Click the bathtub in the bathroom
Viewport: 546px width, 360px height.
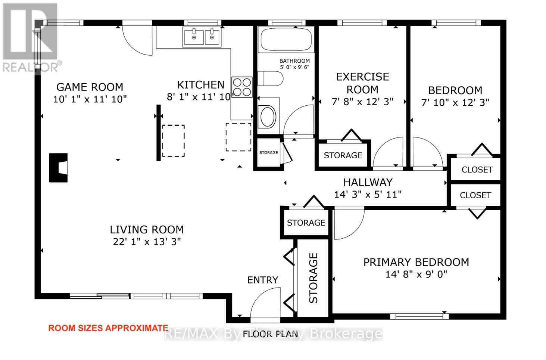pos(286,40)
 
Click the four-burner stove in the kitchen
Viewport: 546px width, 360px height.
pos(242,87)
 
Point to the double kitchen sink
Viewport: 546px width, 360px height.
pos(202,37)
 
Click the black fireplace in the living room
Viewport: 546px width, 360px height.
pos(58,168)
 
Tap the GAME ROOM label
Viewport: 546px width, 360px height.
pos(90,87)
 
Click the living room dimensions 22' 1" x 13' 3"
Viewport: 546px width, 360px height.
pos(147,242)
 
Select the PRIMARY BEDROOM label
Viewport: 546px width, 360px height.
pos(416,262)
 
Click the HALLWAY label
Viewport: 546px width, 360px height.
pos(368,183)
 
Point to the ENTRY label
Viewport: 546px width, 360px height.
pos(262,280)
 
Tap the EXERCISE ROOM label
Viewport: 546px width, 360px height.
pos(362,83)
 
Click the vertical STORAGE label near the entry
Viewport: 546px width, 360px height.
pos(313,278)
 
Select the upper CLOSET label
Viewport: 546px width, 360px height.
pos(477,170)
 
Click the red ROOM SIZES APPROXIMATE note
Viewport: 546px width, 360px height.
pos(108,328)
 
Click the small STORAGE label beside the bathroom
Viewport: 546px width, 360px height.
pos(268,152)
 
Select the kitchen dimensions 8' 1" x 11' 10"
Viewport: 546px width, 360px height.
pos(200,97)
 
